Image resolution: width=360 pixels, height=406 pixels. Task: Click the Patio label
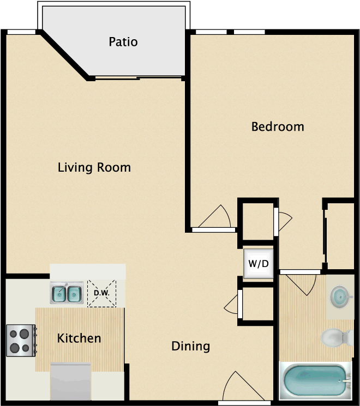point(123,42)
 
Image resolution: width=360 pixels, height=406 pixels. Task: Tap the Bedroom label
point(277,127)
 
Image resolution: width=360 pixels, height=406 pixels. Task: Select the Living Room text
point(94,167)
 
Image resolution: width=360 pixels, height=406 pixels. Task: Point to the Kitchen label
point(79,338)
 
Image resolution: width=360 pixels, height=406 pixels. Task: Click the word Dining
point(190,346)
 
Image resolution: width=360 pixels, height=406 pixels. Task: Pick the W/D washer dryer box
point(259,264)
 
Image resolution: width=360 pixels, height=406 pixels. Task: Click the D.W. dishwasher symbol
point(102,294)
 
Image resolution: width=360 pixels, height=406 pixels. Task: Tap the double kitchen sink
point(67,293)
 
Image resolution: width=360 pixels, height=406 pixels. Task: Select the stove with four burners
point(21,340)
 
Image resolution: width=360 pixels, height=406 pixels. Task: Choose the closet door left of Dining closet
point(235,303)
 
